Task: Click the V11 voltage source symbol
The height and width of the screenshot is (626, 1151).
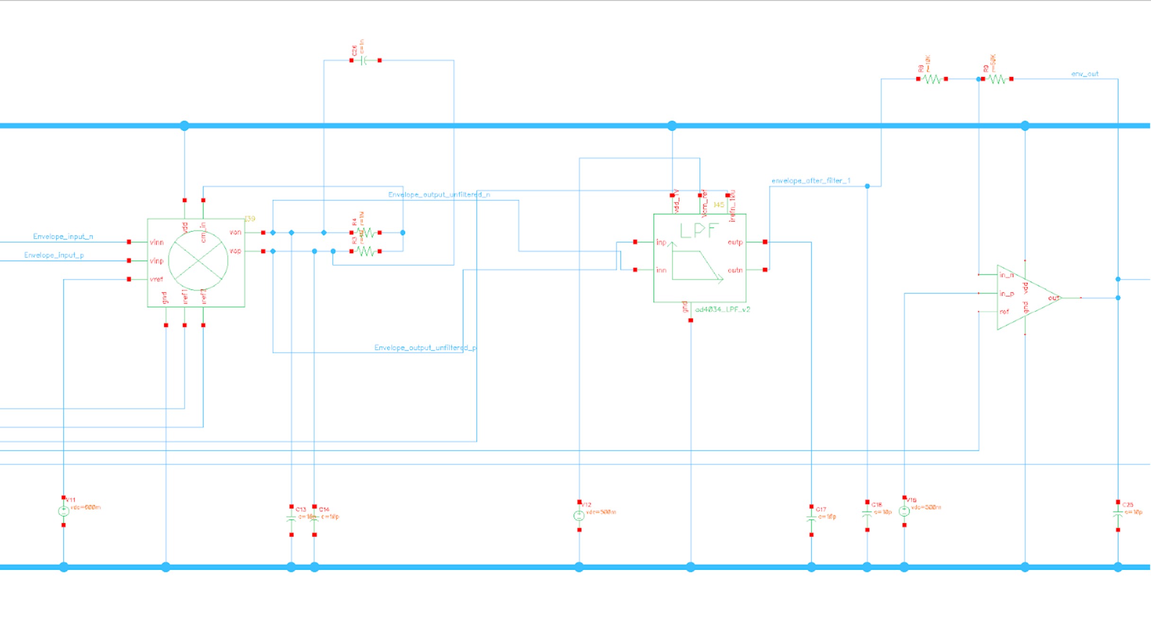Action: (63, 511)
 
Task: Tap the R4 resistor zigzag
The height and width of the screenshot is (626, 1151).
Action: (366, 233)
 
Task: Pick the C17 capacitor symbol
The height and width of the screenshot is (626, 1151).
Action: (811, 519)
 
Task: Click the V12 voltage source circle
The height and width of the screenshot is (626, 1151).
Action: (579, 516)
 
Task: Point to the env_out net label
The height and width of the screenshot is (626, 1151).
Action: (1085, 74)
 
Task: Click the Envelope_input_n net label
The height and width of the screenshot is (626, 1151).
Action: (63, 237)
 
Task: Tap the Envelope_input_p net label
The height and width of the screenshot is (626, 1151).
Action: (54, 255)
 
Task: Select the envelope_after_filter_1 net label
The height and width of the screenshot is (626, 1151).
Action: (811, 181)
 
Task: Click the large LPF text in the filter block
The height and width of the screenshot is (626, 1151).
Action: (699, 231)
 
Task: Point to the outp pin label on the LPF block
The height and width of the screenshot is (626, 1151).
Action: (735, 242)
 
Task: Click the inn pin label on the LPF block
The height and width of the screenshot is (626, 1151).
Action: (661, 270)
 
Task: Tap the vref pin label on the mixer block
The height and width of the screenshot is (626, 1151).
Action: (156, 279)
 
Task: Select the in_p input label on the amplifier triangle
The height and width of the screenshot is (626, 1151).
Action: (1007, 294)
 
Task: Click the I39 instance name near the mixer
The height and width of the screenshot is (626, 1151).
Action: (250, 219)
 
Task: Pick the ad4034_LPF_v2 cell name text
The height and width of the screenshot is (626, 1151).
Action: (722, 309)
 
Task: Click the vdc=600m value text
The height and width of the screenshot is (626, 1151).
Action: (86, 507)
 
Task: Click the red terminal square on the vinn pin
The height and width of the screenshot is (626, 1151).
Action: (129, 242)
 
